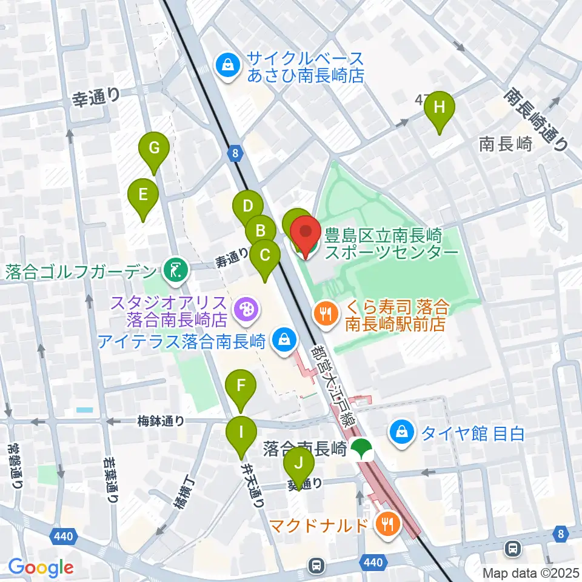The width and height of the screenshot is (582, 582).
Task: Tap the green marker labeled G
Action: [x=154, y=148]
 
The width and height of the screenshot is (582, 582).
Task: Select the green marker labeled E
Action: [x=143, y=196]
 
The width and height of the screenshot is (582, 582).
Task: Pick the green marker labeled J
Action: [x=298, y=464]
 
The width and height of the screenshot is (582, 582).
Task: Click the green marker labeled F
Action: [x=241, y=386]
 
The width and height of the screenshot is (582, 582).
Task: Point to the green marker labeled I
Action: [x=241, y=433]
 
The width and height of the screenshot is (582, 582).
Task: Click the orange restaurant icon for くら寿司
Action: [x=326, y=313]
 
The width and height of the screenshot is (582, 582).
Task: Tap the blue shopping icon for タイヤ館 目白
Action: [x=402, y=433]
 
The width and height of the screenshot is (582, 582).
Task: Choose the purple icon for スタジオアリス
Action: [x=246, y=308]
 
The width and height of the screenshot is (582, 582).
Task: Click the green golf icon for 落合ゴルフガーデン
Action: [x=175, y=270]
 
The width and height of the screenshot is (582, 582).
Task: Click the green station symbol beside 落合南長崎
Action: [x=363, y=449]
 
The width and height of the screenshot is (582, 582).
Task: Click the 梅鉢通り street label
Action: [x=161, y=421]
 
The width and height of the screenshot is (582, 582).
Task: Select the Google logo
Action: [x=41, y=567]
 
